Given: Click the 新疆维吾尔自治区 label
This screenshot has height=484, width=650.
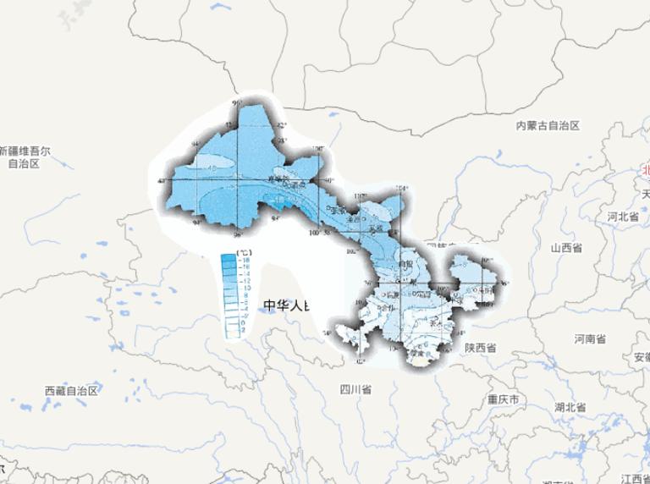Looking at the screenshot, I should [25, 157].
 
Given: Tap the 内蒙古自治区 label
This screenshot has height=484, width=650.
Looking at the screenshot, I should [548, 125].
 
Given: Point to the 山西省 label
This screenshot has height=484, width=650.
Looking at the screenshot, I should [566, 249].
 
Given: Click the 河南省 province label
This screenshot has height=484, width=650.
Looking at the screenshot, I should [590, 338].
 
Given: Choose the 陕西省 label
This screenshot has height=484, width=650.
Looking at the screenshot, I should [480, 348].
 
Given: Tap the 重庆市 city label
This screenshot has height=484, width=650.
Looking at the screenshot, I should [503, 399].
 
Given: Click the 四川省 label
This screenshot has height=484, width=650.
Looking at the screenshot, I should [355, 389].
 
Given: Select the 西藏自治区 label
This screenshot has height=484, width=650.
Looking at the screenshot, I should [72, 390].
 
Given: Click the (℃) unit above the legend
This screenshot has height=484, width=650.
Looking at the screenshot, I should [243, 252].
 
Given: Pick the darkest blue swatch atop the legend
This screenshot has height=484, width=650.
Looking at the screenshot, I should [229, 260].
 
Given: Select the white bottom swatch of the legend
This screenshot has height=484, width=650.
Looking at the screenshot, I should [229, 333].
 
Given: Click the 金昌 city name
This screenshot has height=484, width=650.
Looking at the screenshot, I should [366, 218].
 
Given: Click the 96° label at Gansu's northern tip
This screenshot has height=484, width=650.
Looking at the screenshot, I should [237, 103].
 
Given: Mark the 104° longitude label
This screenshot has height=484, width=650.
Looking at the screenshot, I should [403, 188].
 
